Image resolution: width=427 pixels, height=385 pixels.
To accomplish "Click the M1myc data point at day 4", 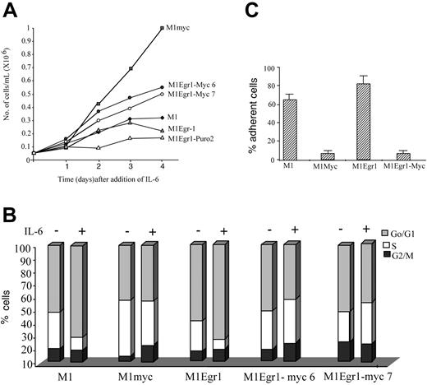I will (163, 29).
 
